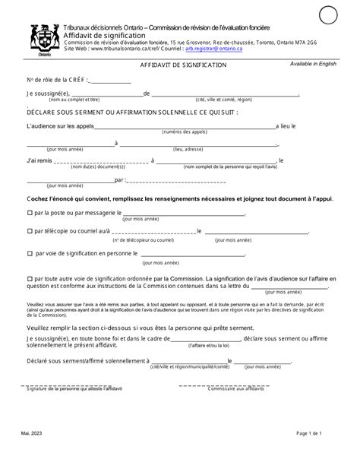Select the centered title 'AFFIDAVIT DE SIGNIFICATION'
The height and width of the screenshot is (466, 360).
click(x=182, y=66)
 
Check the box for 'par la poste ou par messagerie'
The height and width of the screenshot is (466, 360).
click(x=30, y=214)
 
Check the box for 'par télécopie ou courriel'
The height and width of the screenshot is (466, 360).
click(x=30, y=231)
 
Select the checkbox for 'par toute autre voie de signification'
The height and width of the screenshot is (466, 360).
click(x=30, y=279)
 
